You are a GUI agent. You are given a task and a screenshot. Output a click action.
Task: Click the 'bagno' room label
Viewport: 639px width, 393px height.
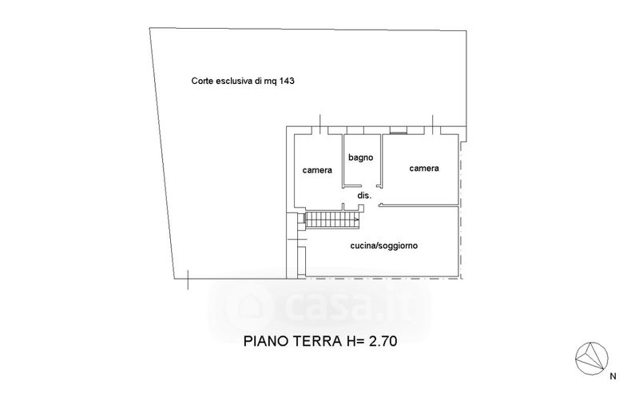pyautogui.click(x=360, y=157)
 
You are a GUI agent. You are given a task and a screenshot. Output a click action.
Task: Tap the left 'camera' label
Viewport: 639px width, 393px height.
pyautogui.click(x=317, y=170)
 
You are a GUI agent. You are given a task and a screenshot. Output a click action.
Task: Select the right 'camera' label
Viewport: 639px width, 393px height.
pyautogui.click(x=423, y=169)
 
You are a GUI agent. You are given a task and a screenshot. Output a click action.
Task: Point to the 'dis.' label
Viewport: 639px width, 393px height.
pyautogui.click(x=365, y=195)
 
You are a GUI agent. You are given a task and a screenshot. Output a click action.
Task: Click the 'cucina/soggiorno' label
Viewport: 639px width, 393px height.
pyautogui.click(x=384, y=246)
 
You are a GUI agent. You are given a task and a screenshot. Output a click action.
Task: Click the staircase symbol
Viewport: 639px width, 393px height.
pyautogui.click(x=331, y=219)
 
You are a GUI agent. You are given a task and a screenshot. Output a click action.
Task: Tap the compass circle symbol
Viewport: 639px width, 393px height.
pyautogui.click(x=592, y=356)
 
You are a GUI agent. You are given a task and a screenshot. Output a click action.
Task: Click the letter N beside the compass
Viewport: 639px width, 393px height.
pyautogui.click(x=613, y=375)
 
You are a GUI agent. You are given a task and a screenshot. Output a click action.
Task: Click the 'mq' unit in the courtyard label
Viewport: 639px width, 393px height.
pyautogui.click(x=270, y=81)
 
